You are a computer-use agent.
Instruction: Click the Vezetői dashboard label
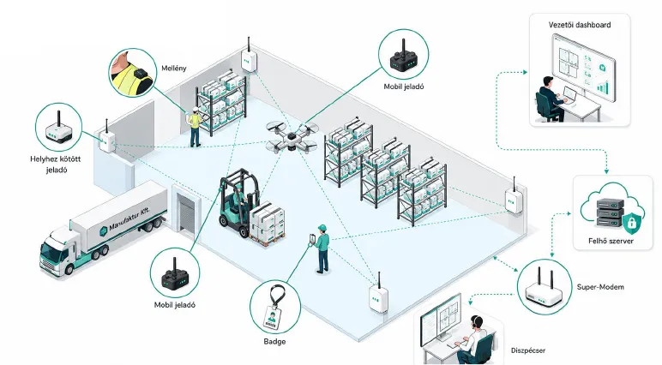tap(580, 25)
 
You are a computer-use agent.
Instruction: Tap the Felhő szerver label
tap(611, 241)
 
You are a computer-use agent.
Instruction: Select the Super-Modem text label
tap(600, 287)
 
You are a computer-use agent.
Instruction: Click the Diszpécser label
tap(528, 350)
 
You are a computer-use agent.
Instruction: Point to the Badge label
tap(274, 341)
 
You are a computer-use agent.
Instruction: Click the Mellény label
tap(173, 69)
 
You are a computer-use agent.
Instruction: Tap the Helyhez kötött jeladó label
tap(56, 165)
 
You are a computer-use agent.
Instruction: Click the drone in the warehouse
tap(292, 136)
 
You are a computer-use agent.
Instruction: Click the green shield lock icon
tap(631, 223)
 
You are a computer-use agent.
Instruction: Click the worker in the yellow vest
tap(195, 127)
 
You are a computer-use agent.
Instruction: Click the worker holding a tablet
tap(321, 249)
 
